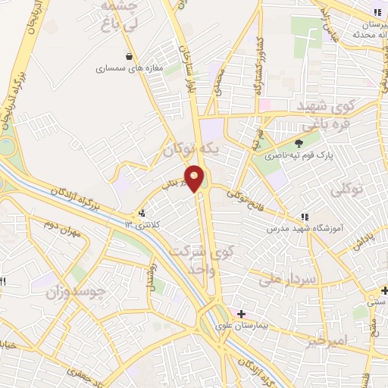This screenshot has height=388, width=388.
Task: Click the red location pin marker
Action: click(196, 177)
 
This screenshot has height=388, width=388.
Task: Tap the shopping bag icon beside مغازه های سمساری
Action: click(130, 56)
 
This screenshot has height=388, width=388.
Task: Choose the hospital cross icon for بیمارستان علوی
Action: click(241, 313)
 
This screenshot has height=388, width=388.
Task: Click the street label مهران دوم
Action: click(62, 232)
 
